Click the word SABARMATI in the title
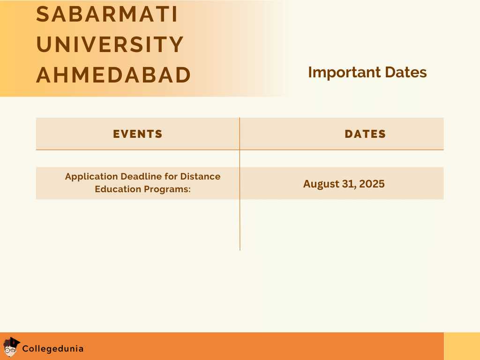click(107, 14)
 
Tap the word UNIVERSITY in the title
click(110, 45)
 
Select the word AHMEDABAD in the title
click(113, 75)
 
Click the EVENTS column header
click(138, 134)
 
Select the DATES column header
click(365, 134)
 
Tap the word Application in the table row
click(91, 177)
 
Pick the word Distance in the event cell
click(200, 177)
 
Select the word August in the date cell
click(321, 184)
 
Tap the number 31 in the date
click(348, 184)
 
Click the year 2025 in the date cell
click(372, 184)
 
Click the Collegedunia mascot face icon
click(11, 347)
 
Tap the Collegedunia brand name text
click(53, 349)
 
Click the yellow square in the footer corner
click(462, 346)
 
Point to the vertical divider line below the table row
click(240, 225)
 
